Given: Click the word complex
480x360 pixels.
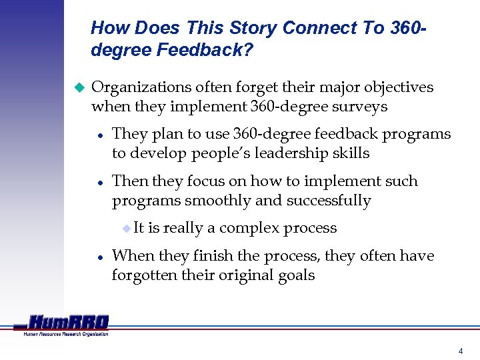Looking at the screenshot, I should point(251,228).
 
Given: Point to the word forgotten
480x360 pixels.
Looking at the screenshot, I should point(145,275).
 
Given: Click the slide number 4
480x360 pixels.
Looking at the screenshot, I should point(460,351).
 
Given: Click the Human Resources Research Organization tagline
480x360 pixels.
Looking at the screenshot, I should point(65,334).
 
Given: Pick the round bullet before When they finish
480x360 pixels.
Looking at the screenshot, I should point(99,257).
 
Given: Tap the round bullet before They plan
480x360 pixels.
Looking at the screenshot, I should point(99,135).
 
